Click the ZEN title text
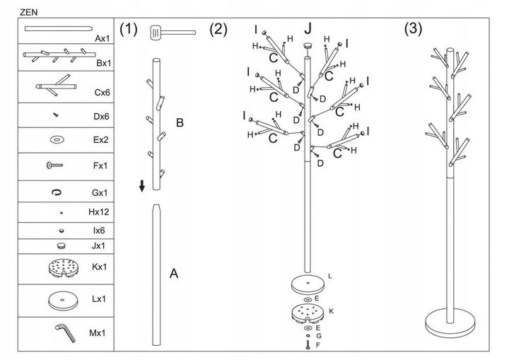[x=28, y=11]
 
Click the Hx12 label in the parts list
[x=100, y=212]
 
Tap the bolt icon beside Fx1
[x=55, y=165]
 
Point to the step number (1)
[x=128, y=29]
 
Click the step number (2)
[x=218, y=29]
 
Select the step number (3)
[x=413, y=29]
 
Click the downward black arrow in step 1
[x=142, y=187]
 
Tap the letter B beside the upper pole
[x=180, y=123]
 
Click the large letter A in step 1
[x=174, y=273]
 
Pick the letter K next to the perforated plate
[x=331, y=311]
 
